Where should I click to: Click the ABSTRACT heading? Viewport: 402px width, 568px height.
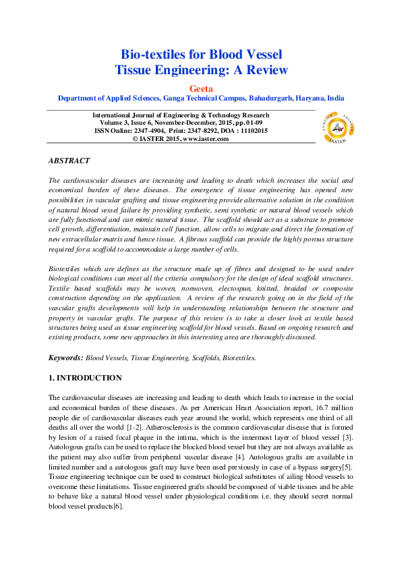69,161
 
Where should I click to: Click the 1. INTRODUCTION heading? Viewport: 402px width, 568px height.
85,378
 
